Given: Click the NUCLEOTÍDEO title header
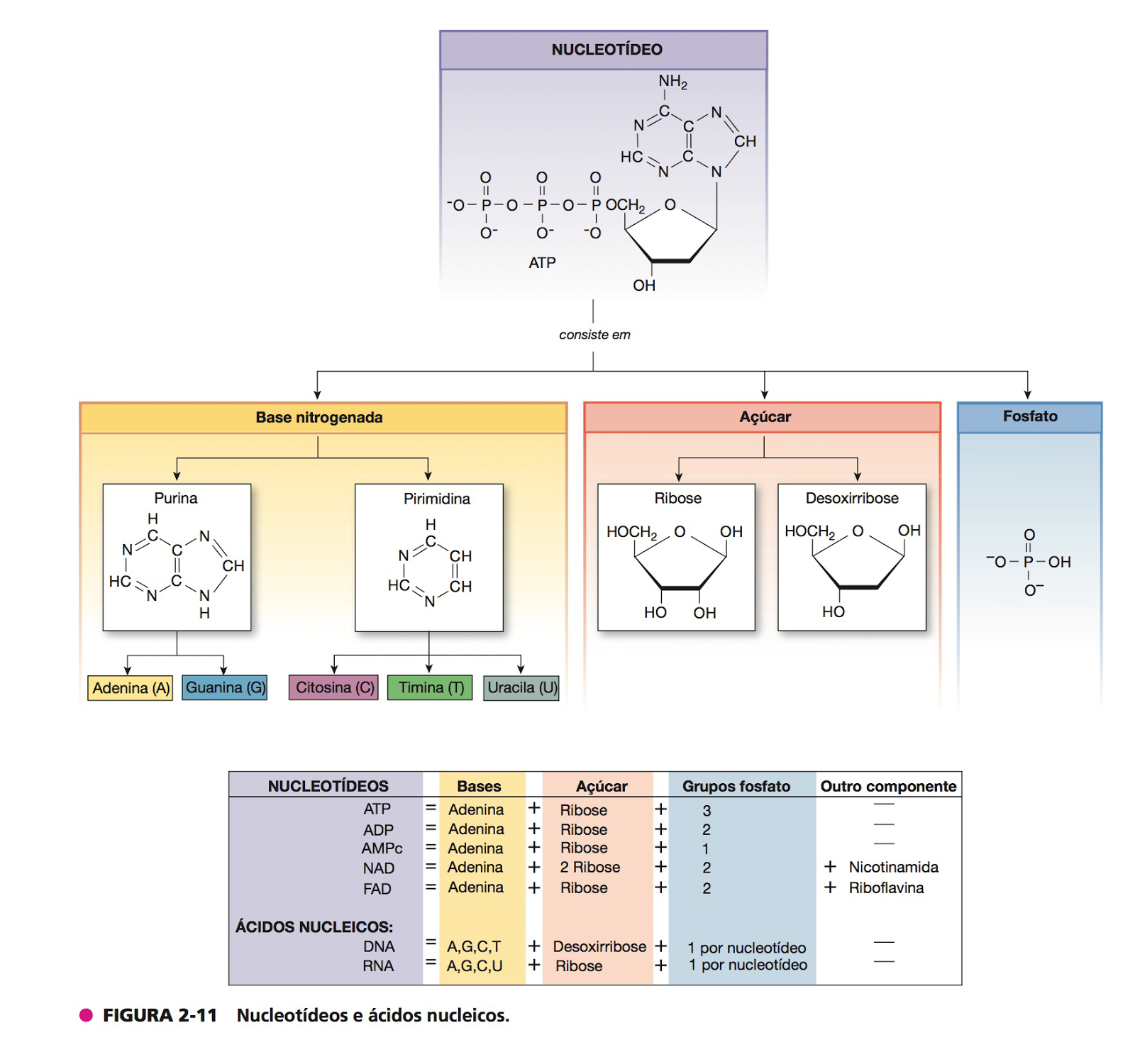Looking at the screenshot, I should tap(607, 50).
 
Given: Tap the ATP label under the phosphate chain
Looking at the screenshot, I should tap(542, 263).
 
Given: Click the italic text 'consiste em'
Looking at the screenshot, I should tap(594, 335).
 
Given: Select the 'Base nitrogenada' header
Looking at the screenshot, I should tap(319, 418).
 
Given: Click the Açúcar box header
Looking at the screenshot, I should tap(765, 417).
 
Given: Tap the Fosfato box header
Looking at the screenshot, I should tap(1029, 416).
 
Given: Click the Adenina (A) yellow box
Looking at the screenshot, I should tap(131, 688).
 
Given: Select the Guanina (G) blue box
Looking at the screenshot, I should tap(225, 687).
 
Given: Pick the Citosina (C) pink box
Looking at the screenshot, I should tap(334, 687).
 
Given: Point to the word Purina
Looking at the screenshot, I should tap(176, 498).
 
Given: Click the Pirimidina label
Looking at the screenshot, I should tap(436, 499).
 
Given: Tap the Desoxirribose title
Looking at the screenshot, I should tap(851, 498).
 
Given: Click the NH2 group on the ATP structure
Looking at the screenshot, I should tap(672, 82).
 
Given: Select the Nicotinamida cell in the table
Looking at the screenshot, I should tap(893, 867).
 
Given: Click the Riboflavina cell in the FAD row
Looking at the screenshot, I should tap(886, 887).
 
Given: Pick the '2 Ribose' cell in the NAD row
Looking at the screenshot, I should tap(589, 867).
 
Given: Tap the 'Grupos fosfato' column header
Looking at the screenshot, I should tap(736, 786).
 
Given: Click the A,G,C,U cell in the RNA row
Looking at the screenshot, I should tap(475, 966).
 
